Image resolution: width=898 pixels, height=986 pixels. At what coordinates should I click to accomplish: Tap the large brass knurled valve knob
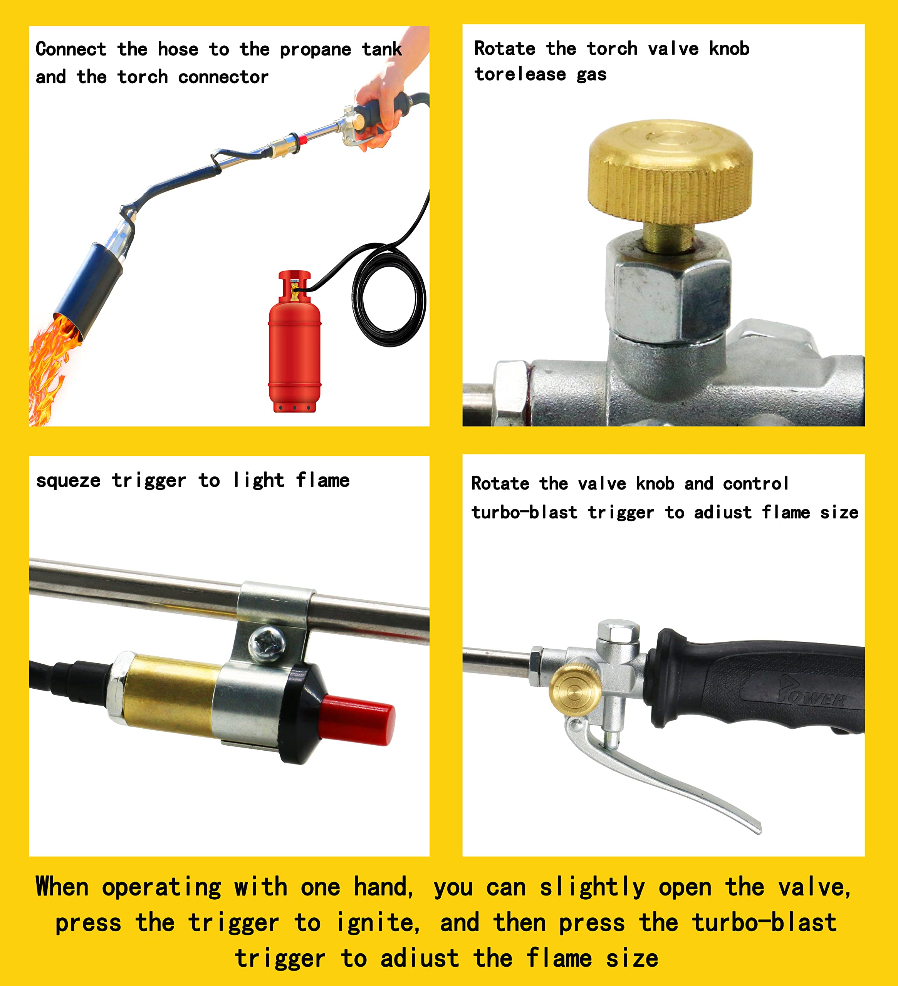[x=670, y=171]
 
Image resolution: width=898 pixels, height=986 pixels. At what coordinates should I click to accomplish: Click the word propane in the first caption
[x=315, y=50]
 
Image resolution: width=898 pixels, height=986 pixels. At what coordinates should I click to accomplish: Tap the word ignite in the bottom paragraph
[x=377, y=923]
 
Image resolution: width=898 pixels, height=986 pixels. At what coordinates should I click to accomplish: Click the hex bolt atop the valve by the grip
[x=618, y=632]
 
